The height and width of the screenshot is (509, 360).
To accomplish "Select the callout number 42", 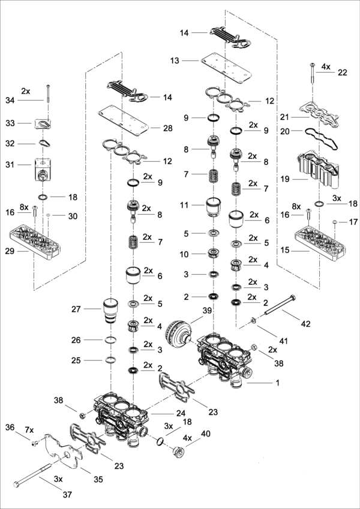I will (x=306, y=324).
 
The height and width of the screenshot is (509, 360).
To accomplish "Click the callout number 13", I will (x=175, y=61).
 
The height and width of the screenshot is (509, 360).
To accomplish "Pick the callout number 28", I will (x=168, y=128).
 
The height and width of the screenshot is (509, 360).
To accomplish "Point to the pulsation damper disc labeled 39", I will (x=178, y=332).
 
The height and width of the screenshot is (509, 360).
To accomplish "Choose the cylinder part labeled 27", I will (x=109, y=310).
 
